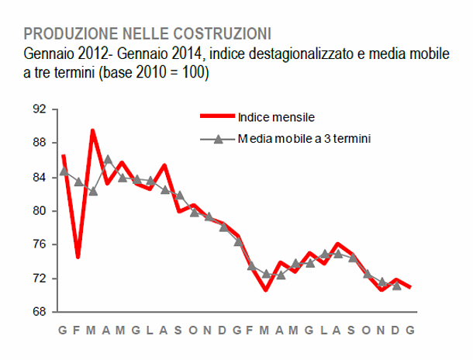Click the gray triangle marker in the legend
(218, 139)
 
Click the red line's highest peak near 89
(93, 131)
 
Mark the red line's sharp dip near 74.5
(78, 256)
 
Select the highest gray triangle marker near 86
(108, 160)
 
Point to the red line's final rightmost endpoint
(410, 288)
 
